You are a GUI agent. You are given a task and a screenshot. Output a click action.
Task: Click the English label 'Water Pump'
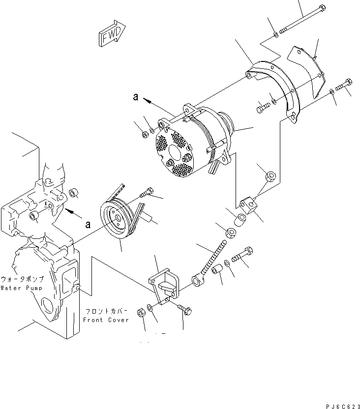click(21, 288)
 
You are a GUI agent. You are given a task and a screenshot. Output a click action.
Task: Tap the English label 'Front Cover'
click(106, 320)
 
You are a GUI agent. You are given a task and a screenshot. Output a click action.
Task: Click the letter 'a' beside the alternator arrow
click(135, 97)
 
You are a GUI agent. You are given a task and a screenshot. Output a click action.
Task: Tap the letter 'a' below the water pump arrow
click(88, 224)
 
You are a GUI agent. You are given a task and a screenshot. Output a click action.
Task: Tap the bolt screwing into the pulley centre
click(147, 193)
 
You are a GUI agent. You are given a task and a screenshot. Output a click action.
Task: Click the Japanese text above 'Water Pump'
click(22, 279)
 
